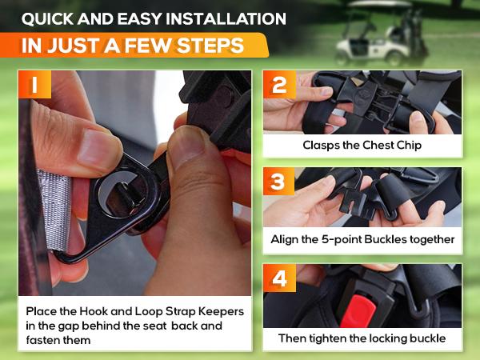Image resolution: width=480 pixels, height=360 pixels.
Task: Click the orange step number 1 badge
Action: click(x=34, y=85)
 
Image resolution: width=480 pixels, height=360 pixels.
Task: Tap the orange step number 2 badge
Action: click(x=279, y=85)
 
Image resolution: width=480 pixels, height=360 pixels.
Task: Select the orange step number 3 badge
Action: click(x=278, y=182)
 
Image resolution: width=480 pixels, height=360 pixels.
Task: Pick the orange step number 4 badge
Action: click(x=279, y=278)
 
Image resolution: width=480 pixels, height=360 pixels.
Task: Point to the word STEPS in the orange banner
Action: click(x=210, y=46)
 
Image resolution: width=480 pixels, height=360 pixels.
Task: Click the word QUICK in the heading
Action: click(x=47, y=19)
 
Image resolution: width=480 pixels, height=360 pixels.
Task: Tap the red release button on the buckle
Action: click(x=358, y=311)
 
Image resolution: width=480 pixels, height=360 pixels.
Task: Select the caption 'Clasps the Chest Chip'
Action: click(x=362, y=145)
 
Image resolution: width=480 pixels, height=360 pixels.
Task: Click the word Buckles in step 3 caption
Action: click(x=386, y=239)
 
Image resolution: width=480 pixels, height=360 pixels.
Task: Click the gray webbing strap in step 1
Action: click(x=54, y=210)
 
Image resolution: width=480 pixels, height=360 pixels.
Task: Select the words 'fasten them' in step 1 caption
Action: click(x=58, y=340)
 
